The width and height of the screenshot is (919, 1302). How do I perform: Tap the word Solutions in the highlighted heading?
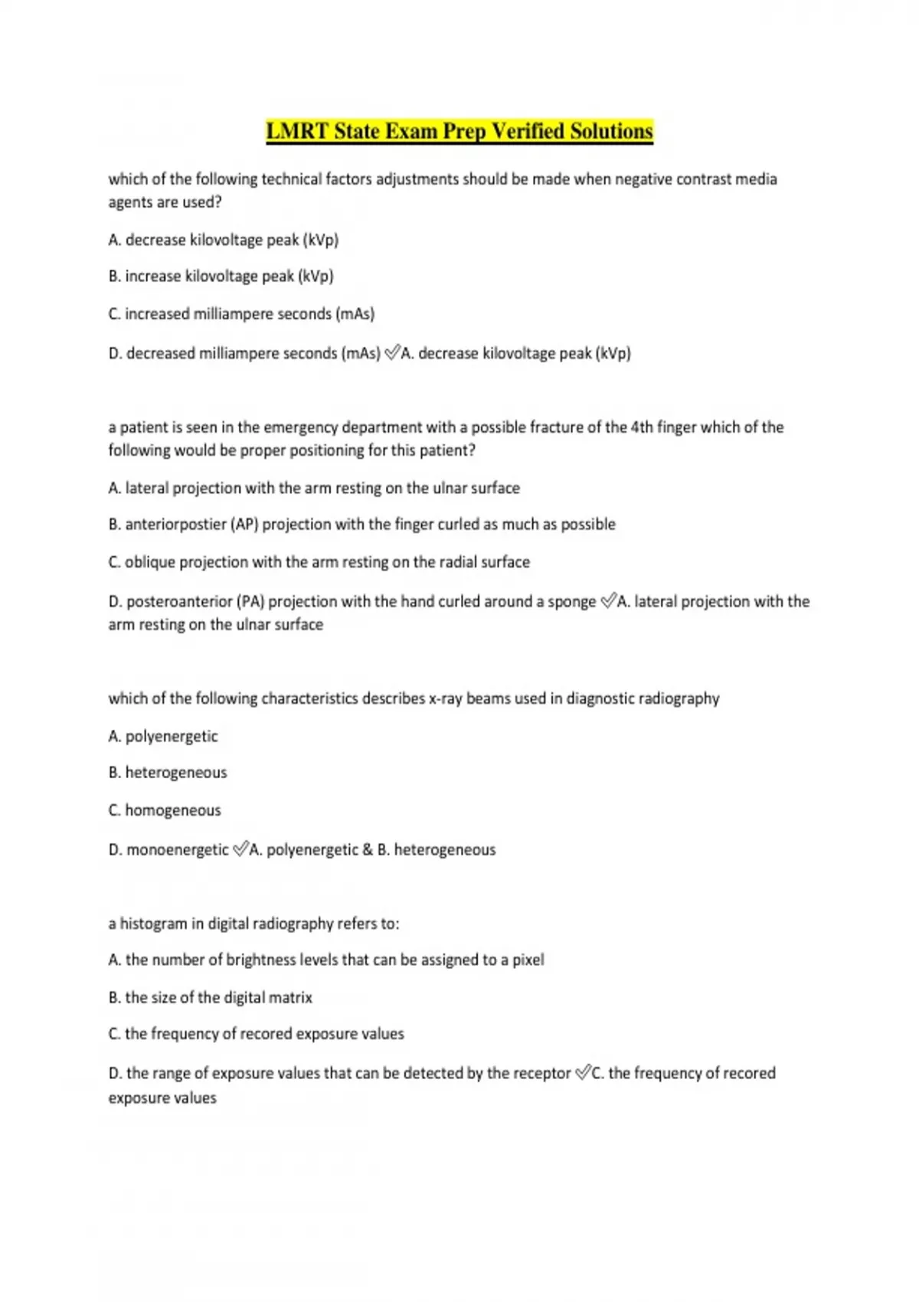point(611,132)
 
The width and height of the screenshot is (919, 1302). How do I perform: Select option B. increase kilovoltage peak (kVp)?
point(221,276)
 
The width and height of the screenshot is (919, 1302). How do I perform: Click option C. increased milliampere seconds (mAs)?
point(241,314)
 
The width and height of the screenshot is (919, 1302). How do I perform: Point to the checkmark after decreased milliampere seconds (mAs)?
point(392,353)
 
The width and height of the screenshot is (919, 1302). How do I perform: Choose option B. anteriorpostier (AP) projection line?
point(361,525)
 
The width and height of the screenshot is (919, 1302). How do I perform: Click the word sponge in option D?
point(571,602)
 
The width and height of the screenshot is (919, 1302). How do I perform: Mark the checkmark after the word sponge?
point(608,602)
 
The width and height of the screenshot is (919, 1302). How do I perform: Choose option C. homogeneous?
point(165,810)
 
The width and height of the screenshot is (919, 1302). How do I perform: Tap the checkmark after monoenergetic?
point(240,849)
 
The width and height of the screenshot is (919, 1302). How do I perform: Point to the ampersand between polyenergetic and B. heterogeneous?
point(368,850)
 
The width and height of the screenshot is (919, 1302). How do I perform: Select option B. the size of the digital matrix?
point(211,998)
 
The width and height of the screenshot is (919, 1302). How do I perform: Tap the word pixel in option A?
point(528,960)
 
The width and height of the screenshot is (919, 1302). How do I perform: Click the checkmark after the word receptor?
point(583,1073)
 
